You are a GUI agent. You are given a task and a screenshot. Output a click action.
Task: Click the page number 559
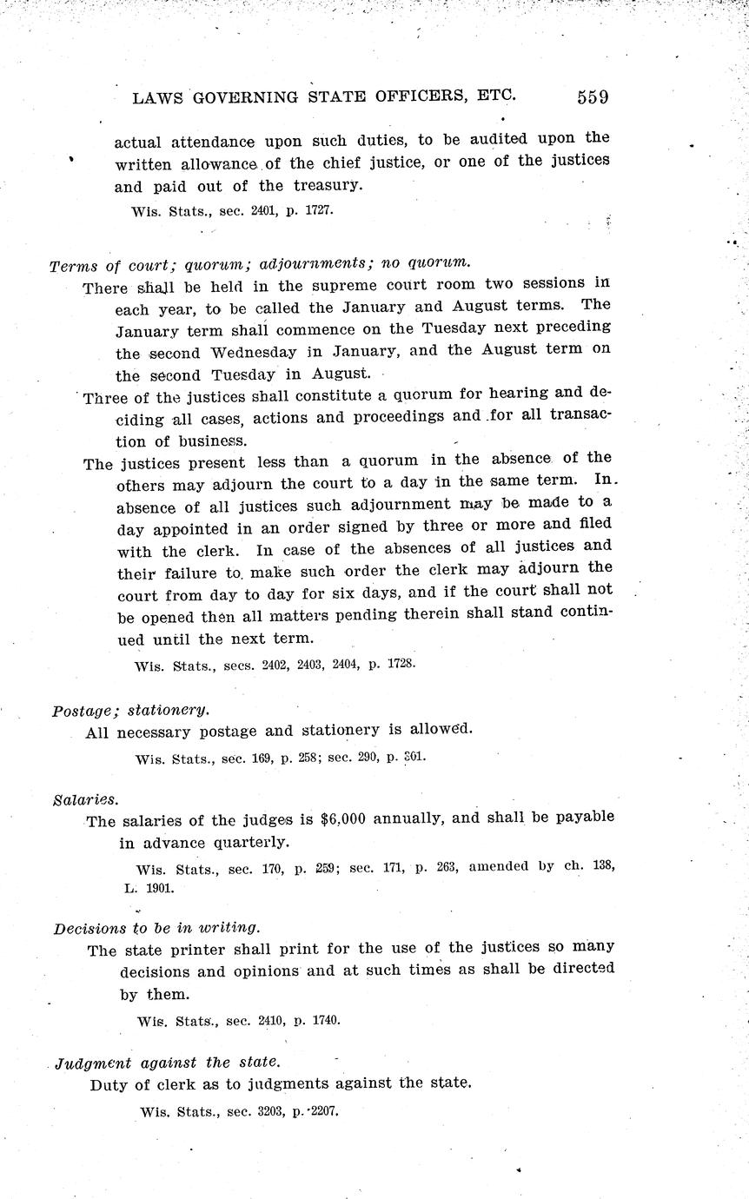592,96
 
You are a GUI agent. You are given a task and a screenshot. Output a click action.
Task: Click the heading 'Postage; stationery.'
130,709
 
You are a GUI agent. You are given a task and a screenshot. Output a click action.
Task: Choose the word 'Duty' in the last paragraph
109,1084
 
